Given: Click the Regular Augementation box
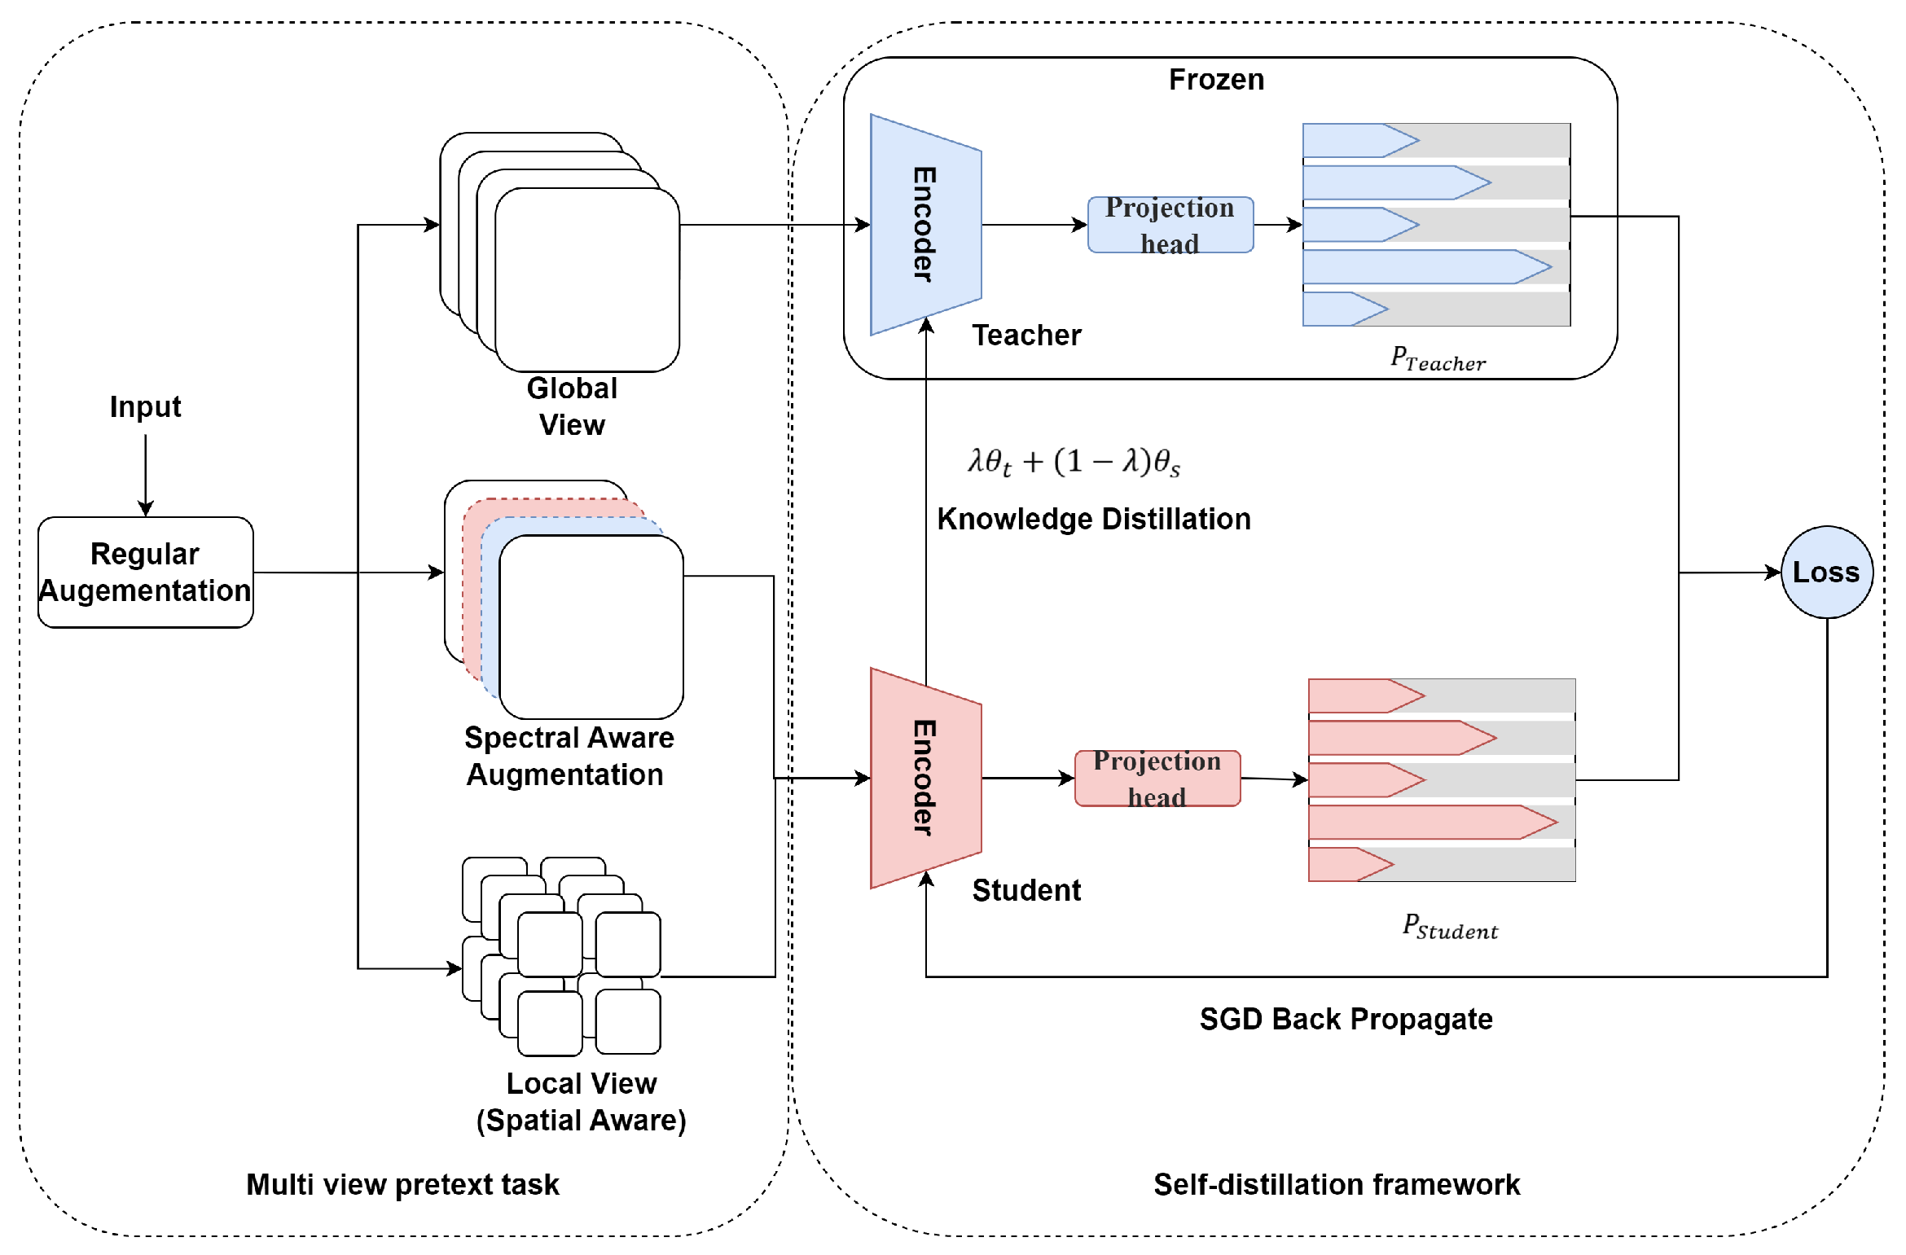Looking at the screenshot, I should [145, 572].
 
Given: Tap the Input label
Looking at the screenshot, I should [145, 406].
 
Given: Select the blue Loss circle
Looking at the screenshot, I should [1826, 572].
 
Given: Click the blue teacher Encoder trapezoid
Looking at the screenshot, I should [925, 225].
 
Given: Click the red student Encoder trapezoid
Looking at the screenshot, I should [925, 778].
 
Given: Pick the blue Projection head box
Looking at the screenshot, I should [1170, 225].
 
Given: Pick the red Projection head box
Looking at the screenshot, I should [1157, 779].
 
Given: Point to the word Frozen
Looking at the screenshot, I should [1216, 80].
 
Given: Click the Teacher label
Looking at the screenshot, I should [1026, 335].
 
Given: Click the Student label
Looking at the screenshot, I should [1026, 890].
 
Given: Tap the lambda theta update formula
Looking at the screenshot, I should [1074, 462].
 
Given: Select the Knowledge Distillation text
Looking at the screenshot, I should [1093, 519].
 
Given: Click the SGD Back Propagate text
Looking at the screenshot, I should [1346, 1019].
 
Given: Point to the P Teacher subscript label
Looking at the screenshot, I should [1438, 358].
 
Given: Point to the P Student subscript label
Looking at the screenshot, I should [1450, 927].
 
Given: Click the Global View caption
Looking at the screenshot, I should [572, 406].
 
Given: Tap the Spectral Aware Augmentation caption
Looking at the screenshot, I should [568, 756].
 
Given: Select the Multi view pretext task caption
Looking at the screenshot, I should [402, 1184].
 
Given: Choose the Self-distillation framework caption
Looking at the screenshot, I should [1336, 1184].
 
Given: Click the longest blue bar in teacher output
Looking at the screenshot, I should [1417, 267].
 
